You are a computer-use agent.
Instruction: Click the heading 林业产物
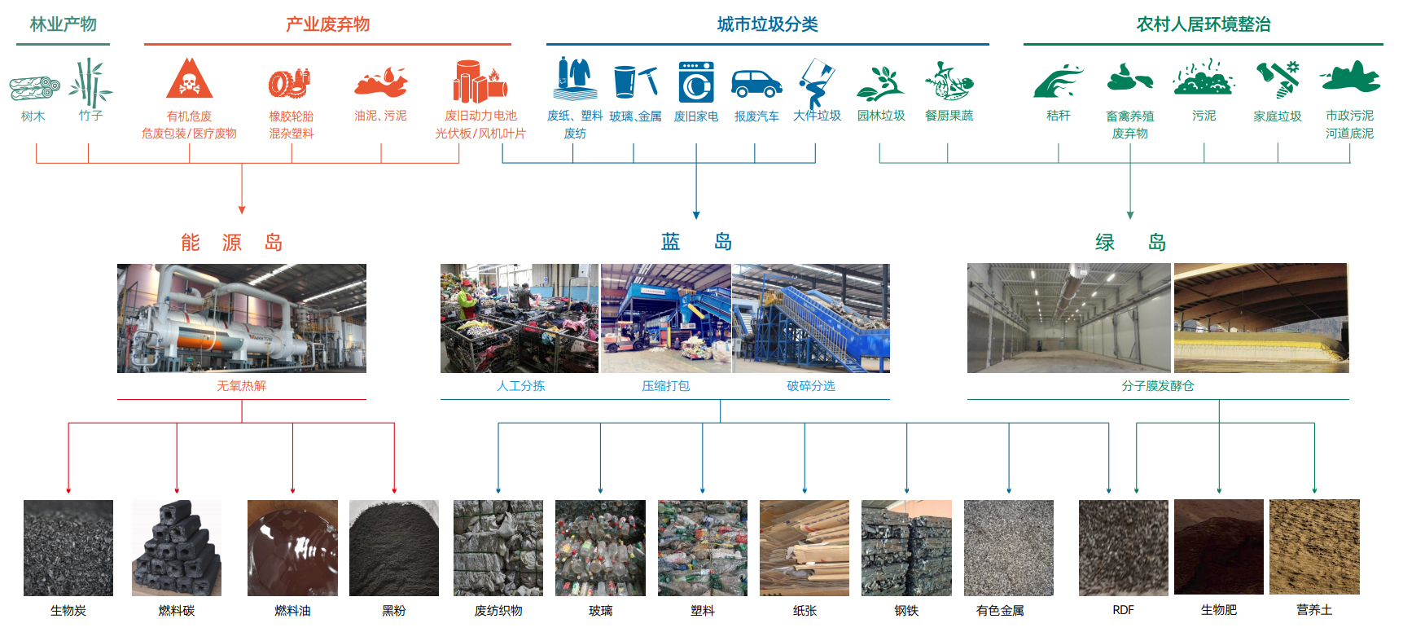[x=63, y=24]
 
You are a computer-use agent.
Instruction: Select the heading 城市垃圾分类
[x=767, y=24]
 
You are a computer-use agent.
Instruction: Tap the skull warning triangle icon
[x=189, y=79]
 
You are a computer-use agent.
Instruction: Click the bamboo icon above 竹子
[x=90, y=82]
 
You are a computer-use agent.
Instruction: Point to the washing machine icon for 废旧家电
[x=696, y=82]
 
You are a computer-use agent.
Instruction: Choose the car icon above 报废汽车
[x=756, y=83]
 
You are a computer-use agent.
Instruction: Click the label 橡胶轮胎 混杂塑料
[x=292, y=125]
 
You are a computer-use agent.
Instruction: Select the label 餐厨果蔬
[x=949, y=116]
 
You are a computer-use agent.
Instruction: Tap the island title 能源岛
[x=231, y=243]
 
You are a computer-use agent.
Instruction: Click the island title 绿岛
[x=1130, y=243]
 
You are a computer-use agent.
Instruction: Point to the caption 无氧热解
[x=241, y=386]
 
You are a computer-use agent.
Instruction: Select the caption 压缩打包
[x=665, y=386]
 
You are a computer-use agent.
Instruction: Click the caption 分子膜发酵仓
[x=1157, y=386]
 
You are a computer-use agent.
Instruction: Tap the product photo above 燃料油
[x=292, y=547]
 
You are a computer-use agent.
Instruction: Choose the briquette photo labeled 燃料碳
[x=177, y=547]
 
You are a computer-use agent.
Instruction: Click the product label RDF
[x=1123, y=610]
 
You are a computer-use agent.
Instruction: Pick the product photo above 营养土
[x=1314, y=546]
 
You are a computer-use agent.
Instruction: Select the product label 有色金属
[x=1000, y=610]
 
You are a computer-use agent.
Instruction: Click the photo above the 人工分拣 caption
[x=520, y=318]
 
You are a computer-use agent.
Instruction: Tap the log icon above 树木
[x=34, y=87]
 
